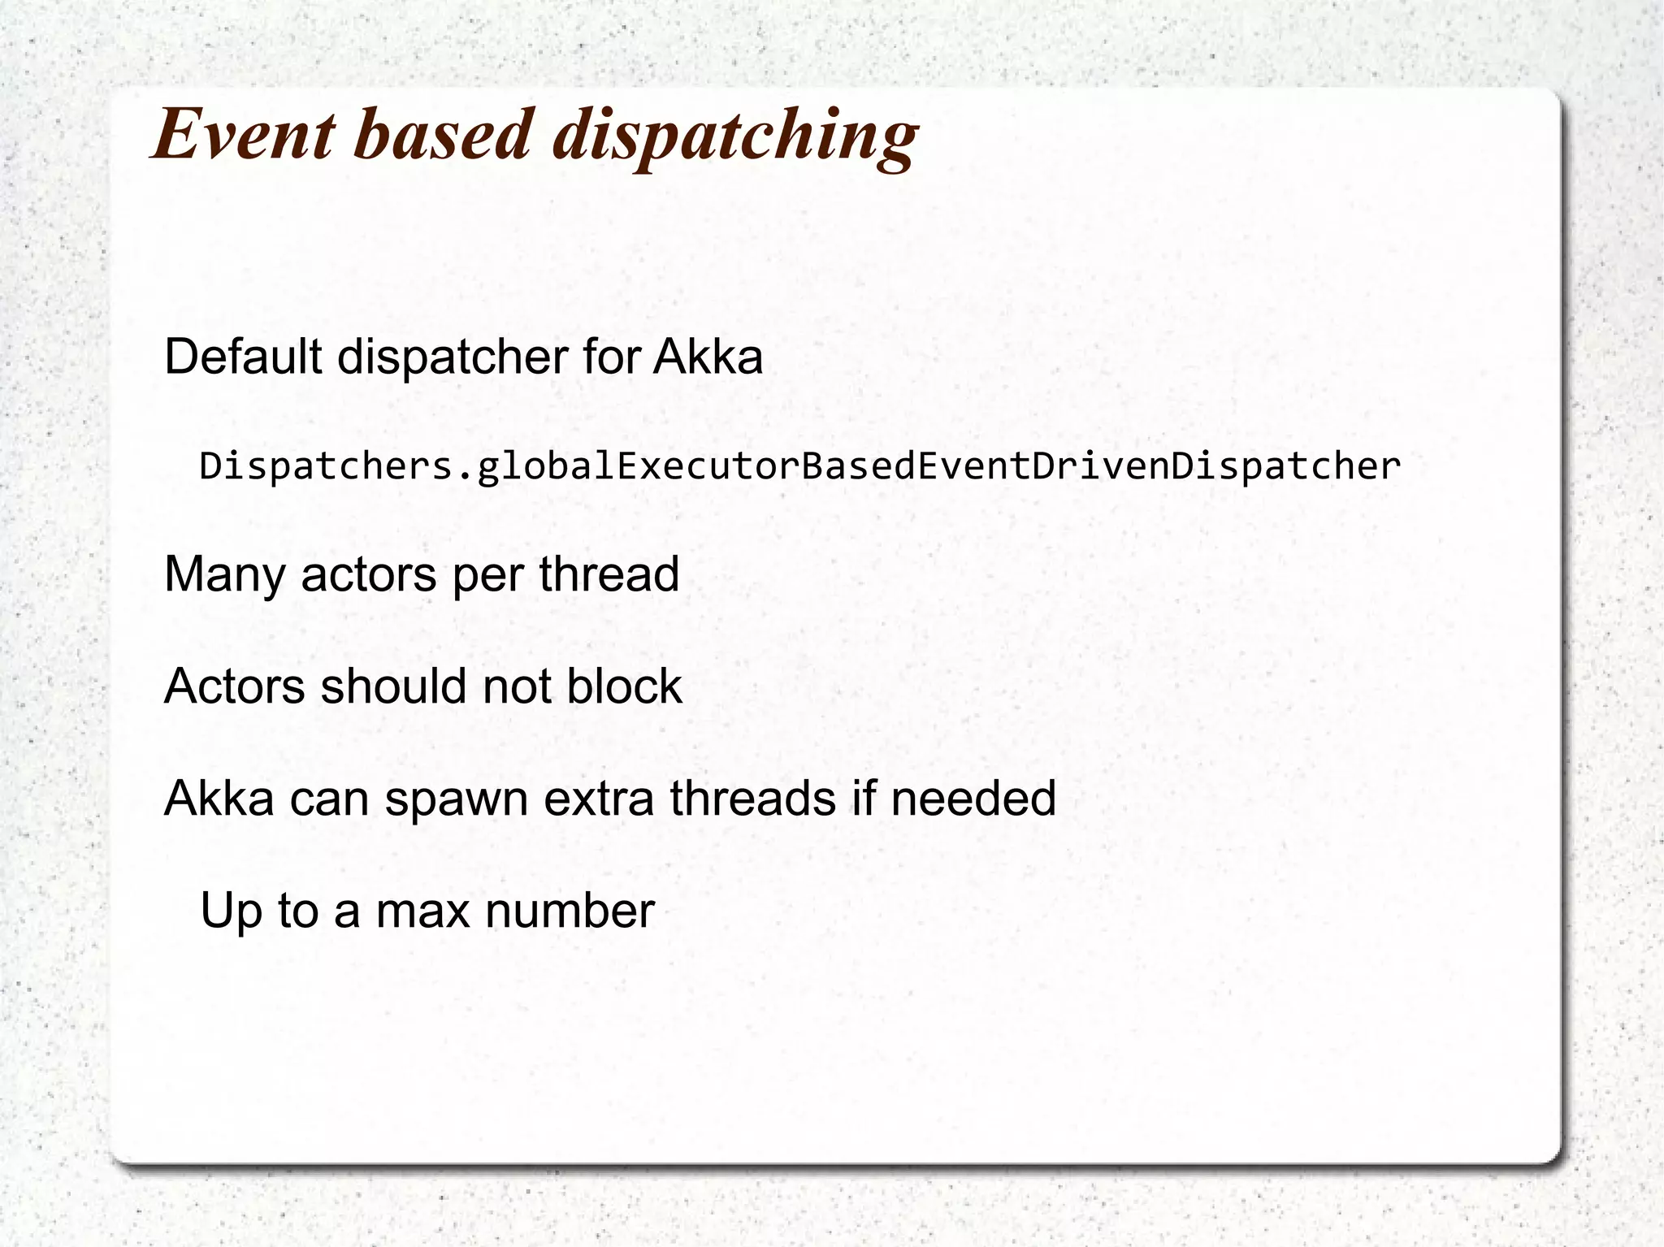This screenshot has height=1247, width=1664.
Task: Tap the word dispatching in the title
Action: [x=735, y=136]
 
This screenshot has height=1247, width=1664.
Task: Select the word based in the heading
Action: [x=443, y=134]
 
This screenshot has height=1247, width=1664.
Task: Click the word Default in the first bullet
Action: [x=242, y=357]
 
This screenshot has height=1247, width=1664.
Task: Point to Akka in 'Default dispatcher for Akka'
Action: [x=708, y=357]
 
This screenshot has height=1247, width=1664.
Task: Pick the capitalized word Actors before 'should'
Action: [x=234, y=686]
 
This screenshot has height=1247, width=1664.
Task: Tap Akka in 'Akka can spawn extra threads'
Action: [x=219, y=799]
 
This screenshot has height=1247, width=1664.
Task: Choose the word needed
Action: [x=973, y=799]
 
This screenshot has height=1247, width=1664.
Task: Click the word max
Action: [x=422, y=911]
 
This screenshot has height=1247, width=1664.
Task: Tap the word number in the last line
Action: [x=570, y=911]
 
